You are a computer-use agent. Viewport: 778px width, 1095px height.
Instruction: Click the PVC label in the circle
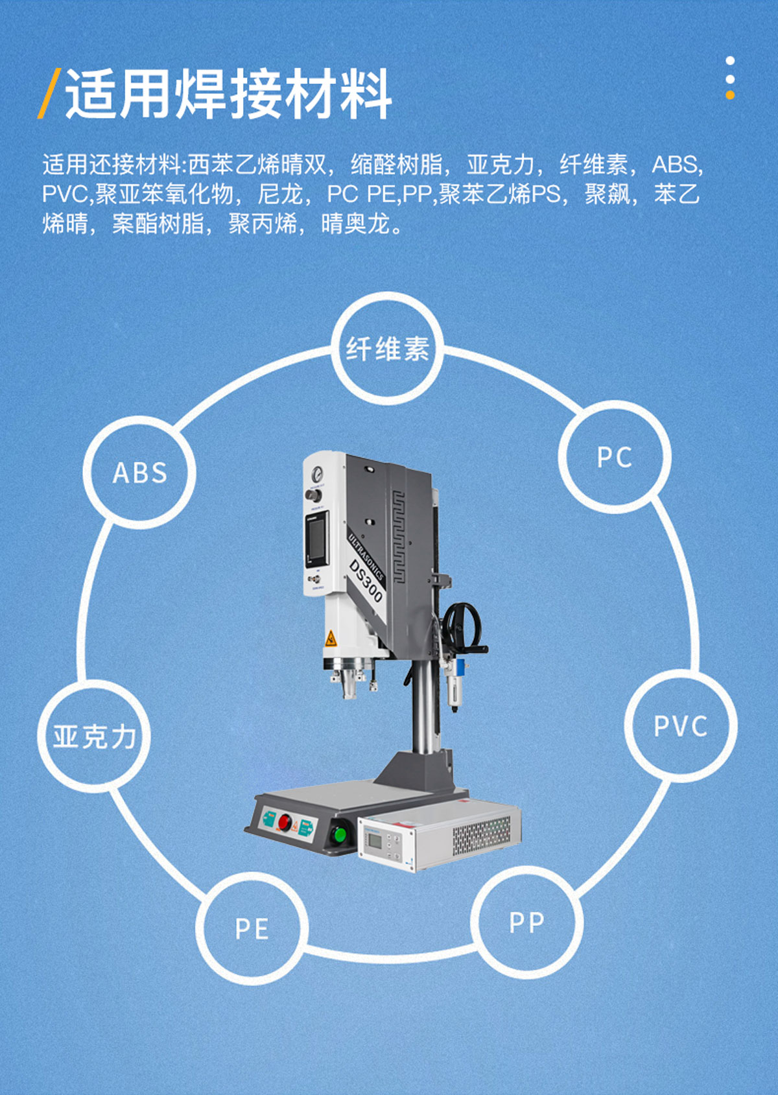click(680, 726)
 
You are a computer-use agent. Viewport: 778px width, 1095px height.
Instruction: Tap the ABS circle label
click(140, 473)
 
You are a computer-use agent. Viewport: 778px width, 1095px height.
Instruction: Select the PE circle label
click(252, 928)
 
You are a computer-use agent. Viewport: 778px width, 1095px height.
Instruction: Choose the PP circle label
click(526, 922)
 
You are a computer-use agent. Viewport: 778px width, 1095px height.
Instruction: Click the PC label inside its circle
click(614, 457)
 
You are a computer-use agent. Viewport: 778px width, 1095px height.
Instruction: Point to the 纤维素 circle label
click(387, 349)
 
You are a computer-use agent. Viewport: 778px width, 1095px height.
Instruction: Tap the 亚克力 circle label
click(95, 736)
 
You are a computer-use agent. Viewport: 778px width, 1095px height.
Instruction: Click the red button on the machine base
click(284, 823)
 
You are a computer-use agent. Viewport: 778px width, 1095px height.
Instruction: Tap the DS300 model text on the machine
click(366, 581)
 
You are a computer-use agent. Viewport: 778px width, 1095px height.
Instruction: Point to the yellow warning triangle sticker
click(331, 639)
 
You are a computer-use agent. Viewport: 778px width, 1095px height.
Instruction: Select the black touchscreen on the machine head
click(316, 539)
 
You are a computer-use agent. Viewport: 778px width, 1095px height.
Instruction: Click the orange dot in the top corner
click(730, 95)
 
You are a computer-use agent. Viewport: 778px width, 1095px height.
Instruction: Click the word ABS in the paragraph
click(676, 165)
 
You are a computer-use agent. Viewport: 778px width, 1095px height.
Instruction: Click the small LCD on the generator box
click(375, 841)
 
